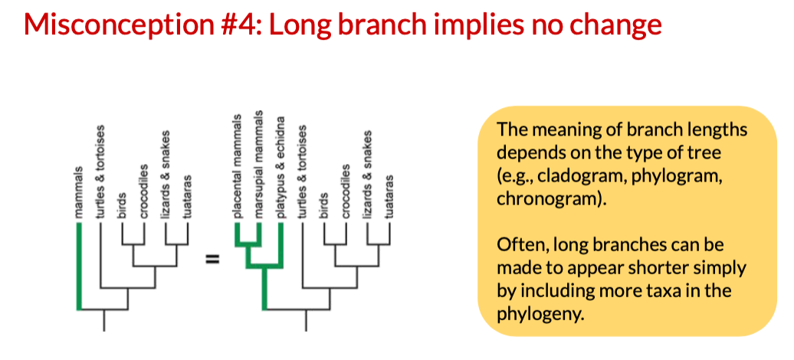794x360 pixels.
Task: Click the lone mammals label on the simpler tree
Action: point(79,192)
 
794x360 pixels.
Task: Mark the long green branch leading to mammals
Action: point(79,268)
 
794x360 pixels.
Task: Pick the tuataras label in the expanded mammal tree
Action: point(389,198)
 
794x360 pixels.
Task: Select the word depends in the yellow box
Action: point(527,151)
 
